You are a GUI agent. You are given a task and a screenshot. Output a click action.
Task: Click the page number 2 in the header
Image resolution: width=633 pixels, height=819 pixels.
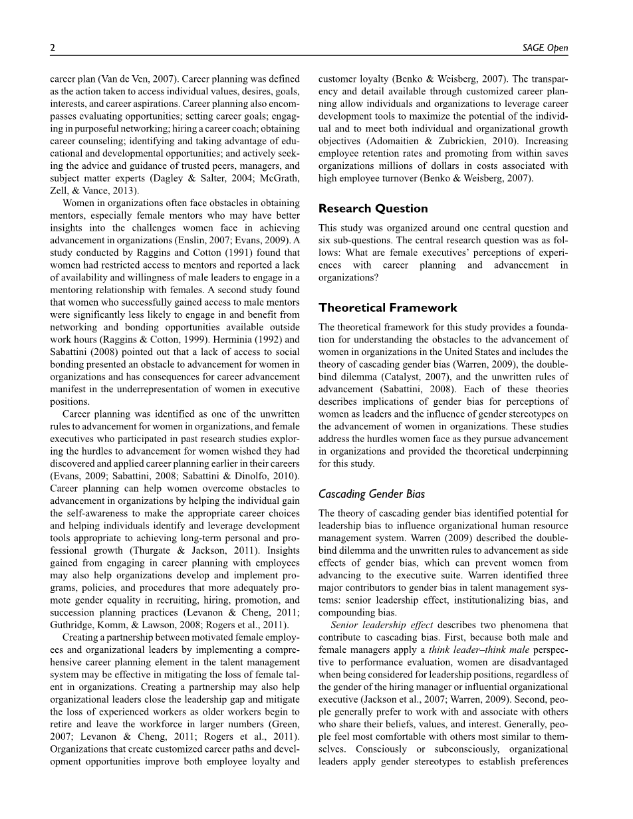[x=53, y=48]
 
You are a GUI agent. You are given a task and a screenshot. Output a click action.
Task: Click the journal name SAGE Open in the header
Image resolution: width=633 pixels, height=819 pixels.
[x=547, y=48]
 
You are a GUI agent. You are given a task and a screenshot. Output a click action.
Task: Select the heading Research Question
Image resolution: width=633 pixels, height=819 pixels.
[x=373, y=208]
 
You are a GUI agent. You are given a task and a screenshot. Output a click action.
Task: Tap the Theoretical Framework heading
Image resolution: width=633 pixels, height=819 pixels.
[x=388, y=308]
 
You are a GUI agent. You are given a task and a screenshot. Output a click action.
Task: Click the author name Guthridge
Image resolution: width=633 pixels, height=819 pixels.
[x=72, y=625]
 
